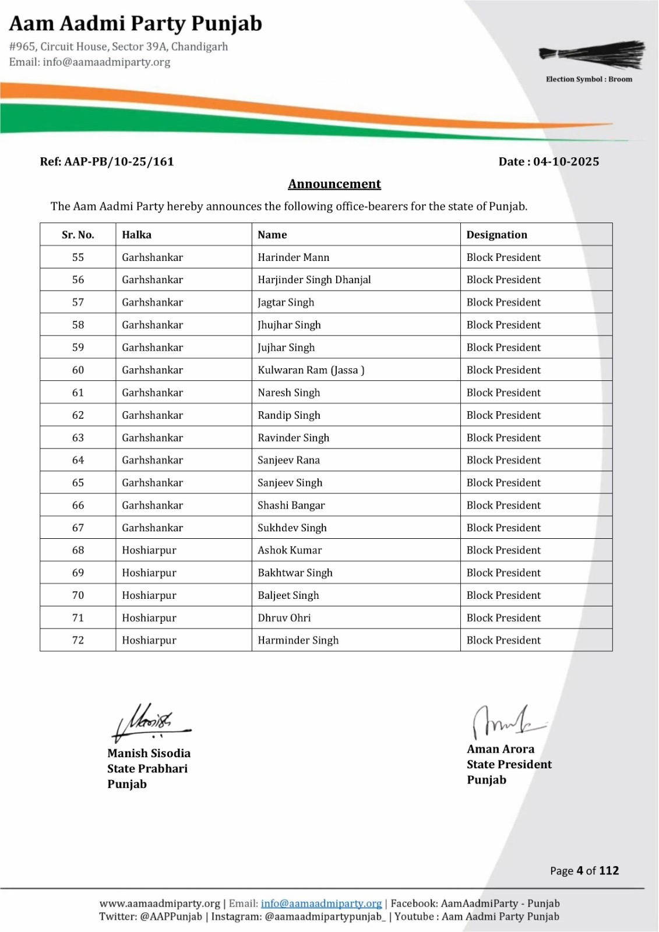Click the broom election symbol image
point(592,55)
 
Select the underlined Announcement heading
point(334,184)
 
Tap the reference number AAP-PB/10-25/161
point(119,162)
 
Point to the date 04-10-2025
point(566,162)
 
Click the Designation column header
point(496,235)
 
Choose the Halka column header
point(136,235)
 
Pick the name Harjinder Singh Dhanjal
point(314,280)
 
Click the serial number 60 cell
point(78,370)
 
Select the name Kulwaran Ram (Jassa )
point(311,370)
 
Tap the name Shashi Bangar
point(291,505)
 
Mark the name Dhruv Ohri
point(284,618)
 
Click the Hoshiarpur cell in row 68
point(149,550)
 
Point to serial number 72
point(78,640)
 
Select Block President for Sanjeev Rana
point(503,460)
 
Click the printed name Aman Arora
point(501,749)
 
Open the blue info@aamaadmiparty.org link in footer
point(321,903)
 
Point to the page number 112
point(609,871)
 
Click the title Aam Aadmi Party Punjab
point(136,24)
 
